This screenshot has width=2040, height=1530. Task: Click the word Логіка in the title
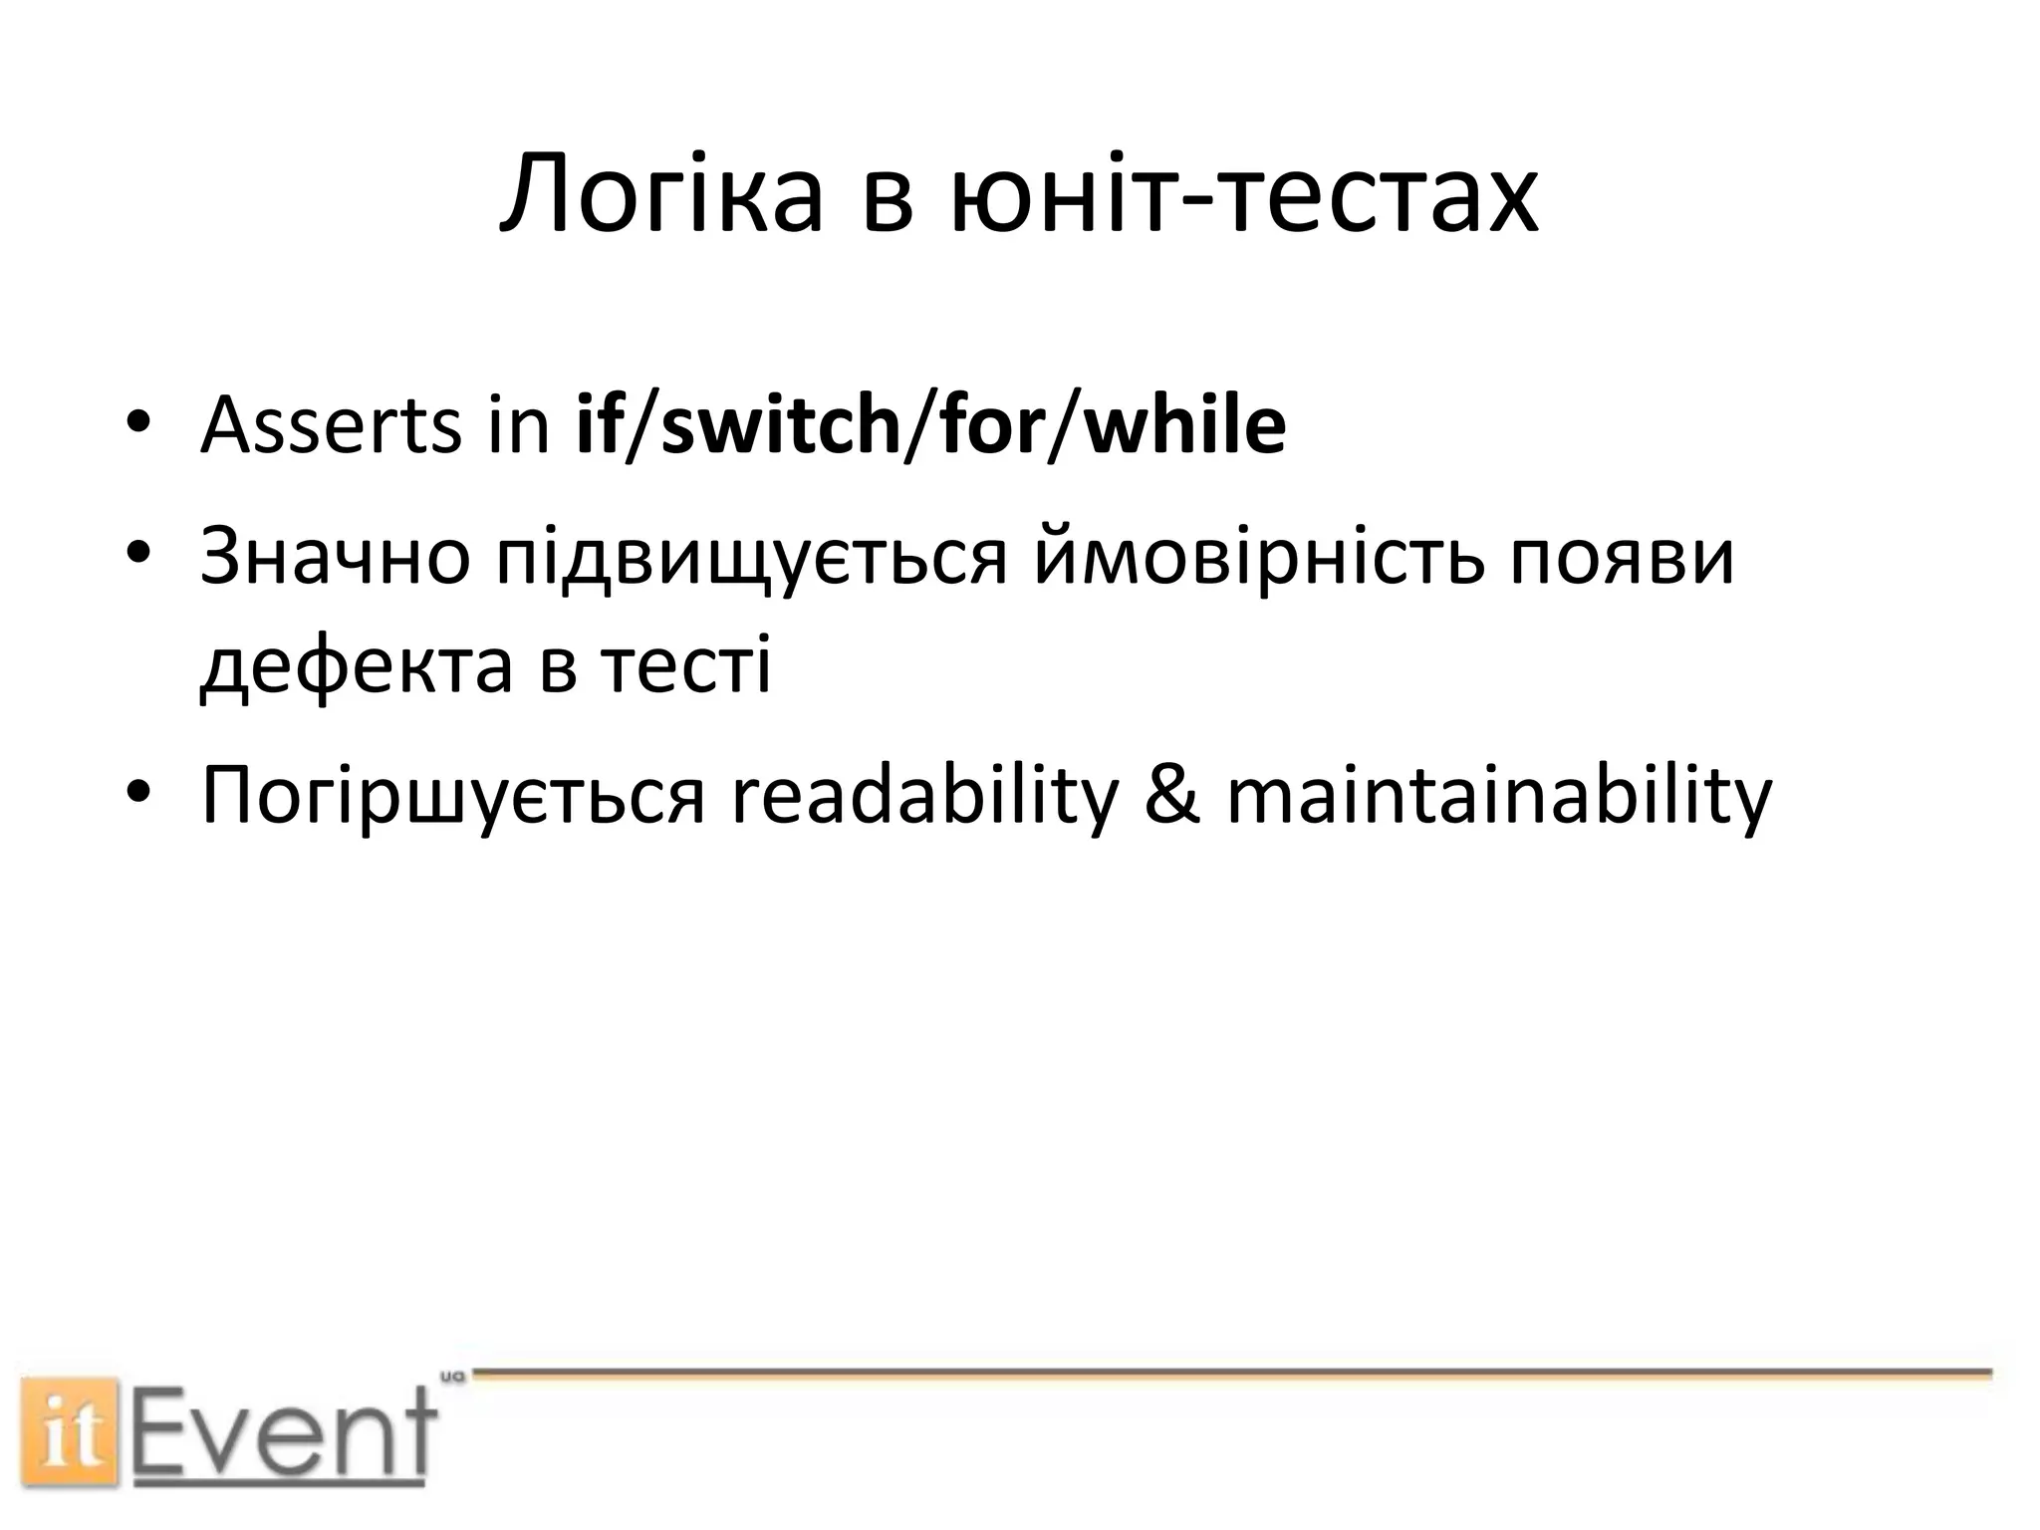pyautogui.click(x=661, y=194)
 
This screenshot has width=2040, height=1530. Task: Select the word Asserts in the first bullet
pyautogui.click(x=330, y=426)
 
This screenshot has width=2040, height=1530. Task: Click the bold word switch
pyautogui.click(x=781, y=424)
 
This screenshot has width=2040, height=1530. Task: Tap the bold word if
pyautogui.click(x=598, y=424)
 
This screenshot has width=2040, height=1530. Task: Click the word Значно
pyautogui.click(x=335, y=556)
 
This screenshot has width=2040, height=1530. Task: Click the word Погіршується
pyautogui.click(x=453, y=797)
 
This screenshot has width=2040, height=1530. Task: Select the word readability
pyautogui.click(x=925, y=797)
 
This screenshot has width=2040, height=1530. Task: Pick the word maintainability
pyautogui.click(x=1499, y=797)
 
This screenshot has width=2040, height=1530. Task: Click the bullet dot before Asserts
pyautogui.click(x=137, y=422)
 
